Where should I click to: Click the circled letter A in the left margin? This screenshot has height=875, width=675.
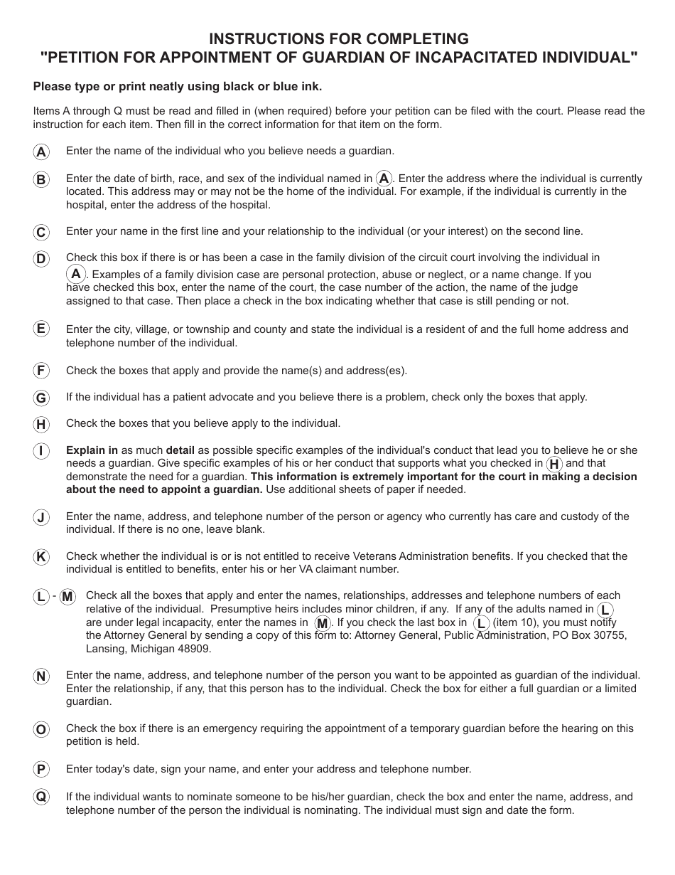pyautogui.click(x=41, y=152)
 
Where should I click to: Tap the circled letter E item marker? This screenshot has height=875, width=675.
pyautogui.click(x=41, y=329)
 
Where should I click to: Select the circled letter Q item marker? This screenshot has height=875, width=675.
pyautogui.click(x=41, y=797)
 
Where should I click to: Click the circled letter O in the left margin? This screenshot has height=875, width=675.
pyautogui.click(x=41, y=729)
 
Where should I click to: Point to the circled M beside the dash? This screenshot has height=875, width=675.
pyautogui.click(x=67, y=597)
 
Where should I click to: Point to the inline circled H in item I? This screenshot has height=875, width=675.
pyautogui.click(x=554, y=464)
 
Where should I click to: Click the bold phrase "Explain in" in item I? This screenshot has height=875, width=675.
pyautogui.click(x=92, y=450)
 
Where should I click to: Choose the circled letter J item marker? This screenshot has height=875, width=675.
pyautogui.click(x=41, y=518)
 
